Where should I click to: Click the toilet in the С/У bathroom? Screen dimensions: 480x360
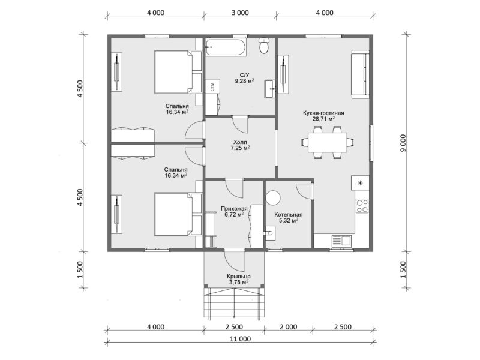[x=263, y=46]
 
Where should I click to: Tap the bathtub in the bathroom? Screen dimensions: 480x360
[x=226, y=47]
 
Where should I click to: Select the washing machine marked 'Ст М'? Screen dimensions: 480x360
[x=213, y=86]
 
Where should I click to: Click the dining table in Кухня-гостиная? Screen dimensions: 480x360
[x=327, y=142]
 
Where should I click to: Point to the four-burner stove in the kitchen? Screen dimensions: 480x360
[x=362, y=205]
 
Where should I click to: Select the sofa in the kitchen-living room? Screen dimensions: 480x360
[x=360, y=74]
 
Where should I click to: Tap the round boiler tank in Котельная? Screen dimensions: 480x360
[x=273, y=198]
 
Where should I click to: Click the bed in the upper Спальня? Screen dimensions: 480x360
[x=178, y=71]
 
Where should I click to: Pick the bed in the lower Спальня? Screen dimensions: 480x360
[x=178, y=214]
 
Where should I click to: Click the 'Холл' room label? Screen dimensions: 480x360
[x=240, y=142]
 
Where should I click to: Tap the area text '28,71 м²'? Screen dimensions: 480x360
[x=323, y=119]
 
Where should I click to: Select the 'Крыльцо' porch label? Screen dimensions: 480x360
[x=239, y=277]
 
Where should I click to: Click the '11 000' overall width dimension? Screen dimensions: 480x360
[x=241, y=339]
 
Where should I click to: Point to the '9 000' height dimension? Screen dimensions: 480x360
[x=403, y=143]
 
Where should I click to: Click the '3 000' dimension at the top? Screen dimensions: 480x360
[x=240, y=13]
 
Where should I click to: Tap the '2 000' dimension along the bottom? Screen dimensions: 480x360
[x=289, y=327]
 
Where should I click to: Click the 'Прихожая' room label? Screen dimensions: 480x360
[x=234, y=208]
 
